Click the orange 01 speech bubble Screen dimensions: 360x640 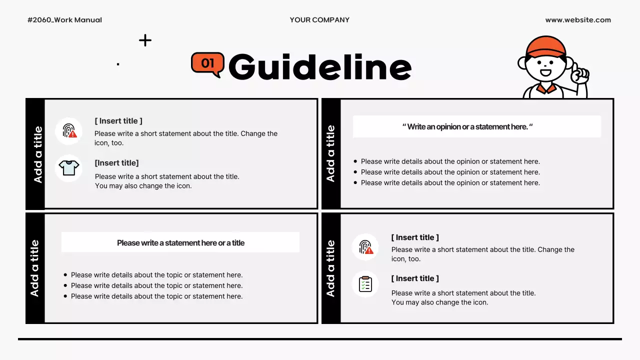tap(207, 63)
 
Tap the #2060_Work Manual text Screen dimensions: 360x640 tap(64, 20)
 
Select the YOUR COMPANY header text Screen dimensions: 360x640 tap(319, 20)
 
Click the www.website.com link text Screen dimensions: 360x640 tap(578, 20)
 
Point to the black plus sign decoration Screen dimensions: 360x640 tap(145, 40)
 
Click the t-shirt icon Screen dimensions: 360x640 tap(69, 168)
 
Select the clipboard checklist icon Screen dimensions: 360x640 tap(365, 284)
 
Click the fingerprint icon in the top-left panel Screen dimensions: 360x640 tap(69, 131)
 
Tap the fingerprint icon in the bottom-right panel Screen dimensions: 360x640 tap(365, 247)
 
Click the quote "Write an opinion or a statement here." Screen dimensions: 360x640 tap(467, 127)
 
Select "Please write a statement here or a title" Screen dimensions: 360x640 tap(180, 243)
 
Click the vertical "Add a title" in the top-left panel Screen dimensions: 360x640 tap(37, 154)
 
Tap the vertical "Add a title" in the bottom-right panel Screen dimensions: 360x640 tap(330, 268)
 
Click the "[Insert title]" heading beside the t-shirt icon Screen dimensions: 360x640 tap(116, 163)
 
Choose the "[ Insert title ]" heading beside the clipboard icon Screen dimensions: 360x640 tap(415, 278)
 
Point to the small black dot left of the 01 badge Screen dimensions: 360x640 tap(118, 64)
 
